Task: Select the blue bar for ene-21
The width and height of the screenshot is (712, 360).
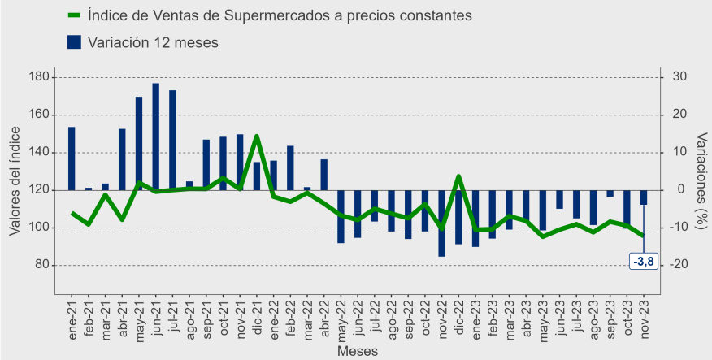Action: tap(72, 158)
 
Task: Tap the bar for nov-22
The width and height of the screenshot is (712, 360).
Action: tap(441, 223)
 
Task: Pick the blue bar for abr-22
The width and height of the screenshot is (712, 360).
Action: tap(324, 175)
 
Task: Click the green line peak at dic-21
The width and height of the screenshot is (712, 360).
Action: tap(257, 137)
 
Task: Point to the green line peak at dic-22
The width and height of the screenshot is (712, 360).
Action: tap(458, 176)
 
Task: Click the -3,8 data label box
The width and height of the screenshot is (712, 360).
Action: tap(643, 262)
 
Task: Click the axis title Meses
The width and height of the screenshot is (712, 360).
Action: tap(358, 352)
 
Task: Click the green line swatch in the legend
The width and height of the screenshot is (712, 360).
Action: tap(74, 15)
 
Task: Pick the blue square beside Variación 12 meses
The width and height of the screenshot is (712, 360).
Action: tap(74, 42)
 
